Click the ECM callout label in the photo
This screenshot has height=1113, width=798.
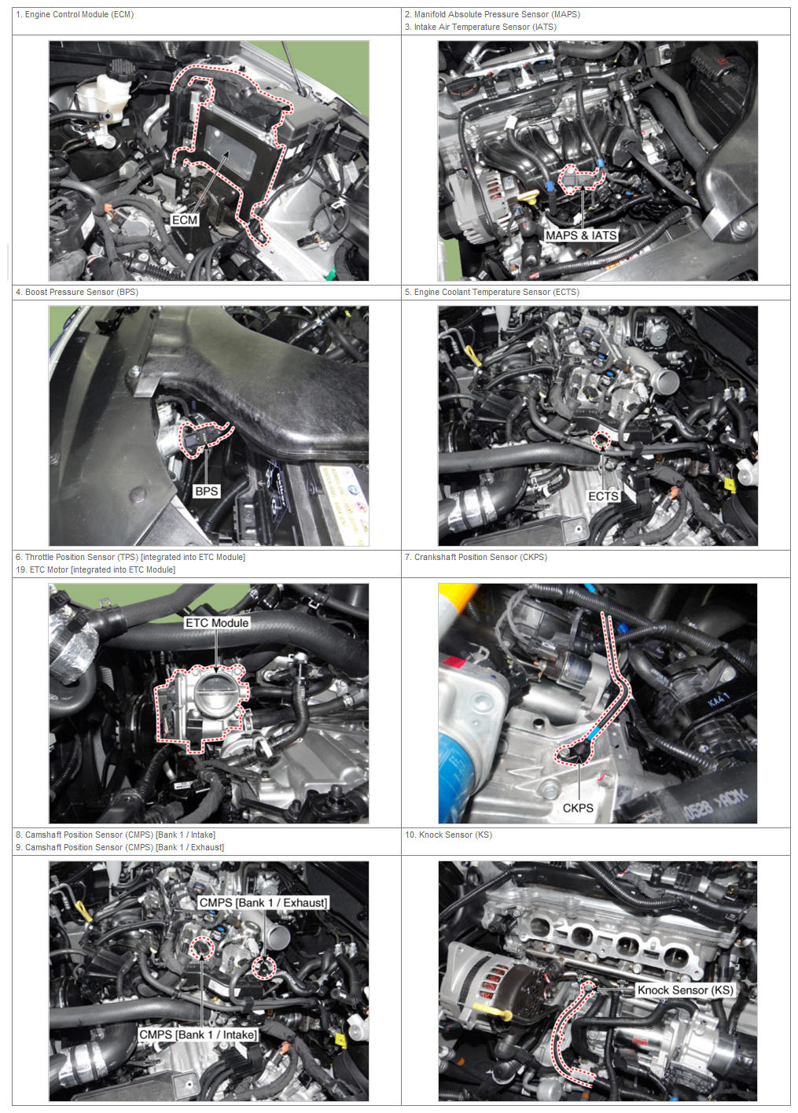[185, 219]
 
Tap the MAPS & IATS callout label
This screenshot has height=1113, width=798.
[581, 235]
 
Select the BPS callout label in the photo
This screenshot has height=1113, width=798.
[207, 491]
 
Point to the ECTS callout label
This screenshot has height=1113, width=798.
[603, 496]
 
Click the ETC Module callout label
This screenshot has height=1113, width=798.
[217, 623]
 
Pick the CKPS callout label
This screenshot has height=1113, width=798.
[578, 808]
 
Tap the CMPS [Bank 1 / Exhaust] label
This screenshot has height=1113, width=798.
[263, 903]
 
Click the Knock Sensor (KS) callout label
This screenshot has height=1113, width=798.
[686, 990]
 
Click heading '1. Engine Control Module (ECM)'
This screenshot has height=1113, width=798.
[75, 14]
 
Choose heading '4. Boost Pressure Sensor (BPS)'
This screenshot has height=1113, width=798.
[77, 292]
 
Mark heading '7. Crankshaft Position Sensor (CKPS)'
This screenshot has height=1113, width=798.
[476, 557]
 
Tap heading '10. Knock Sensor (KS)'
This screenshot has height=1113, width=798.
[448, 835]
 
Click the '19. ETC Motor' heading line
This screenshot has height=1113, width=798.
[95, 569]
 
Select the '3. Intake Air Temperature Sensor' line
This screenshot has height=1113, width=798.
[480, 27]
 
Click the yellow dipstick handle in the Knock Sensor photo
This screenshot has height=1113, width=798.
[491, 1010]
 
